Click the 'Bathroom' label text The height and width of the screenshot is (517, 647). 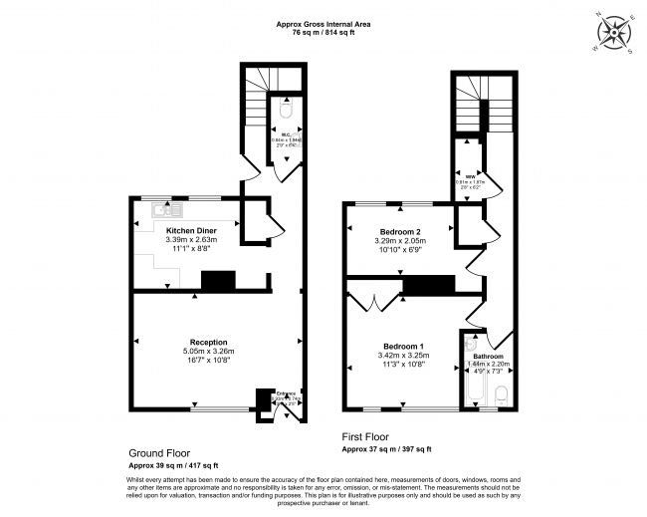click(x=488, y=356)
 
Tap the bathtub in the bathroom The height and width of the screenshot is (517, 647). click(x=472, y=389)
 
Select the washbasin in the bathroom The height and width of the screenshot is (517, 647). click(x=471, y=346)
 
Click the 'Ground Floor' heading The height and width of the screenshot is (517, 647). click(x=159, y=452)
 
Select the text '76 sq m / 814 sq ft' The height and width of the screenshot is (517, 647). click(x=323, y=33)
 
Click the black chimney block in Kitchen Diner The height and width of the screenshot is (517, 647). click(x=218, y=282)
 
